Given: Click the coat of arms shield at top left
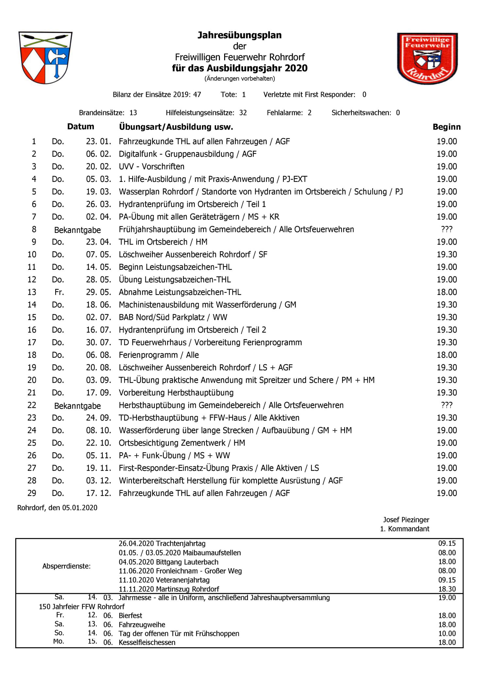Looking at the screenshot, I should point(45,58).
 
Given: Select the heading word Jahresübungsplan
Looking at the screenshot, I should point(239,35).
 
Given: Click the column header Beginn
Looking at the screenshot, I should point(446,127).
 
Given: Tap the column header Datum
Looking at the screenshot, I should point(80,127).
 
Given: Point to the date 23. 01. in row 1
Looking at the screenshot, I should point(98,142).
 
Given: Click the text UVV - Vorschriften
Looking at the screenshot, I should point(151,166).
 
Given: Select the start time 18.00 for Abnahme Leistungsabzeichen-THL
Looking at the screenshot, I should point(447,292).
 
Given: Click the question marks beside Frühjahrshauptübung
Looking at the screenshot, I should point(446,229).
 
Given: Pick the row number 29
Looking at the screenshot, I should point(32,493).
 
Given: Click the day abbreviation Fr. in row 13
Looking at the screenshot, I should point(59,292).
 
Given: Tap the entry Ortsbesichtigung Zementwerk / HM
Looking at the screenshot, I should point(182,443).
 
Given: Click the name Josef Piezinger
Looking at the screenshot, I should point(406,520).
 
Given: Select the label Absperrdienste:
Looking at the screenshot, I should point(66,566).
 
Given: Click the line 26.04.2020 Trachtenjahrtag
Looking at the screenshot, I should point(162,544).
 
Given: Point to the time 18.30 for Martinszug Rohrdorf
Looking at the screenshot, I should point(447,589).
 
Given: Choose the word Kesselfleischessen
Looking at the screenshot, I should point(147,642).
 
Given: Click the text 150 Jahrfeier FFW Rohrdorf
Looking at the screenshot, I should point(82,607).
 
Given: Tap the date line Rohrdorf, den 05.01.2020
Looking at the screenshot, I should point(57,508).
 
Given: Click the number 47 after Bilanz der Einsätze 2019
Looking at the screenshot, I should point(197,95).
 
